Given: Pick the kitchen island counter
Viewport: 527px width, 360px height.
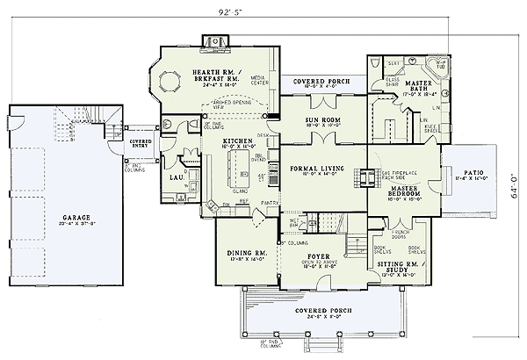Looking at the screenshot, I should [x=235, y=167].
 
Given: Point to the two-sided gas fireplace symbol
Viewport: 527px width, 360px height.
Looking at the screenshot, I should [x=361, y=174].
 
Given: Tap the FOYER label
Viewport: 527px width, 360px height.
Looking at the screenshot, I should [x=318, y=258].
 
